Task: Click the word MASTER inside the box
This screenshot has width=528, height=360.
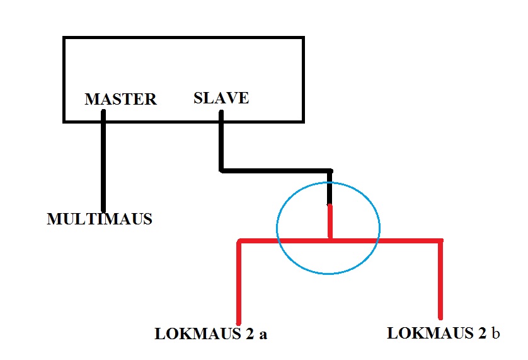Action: pyautogui.click(x=120, y=99)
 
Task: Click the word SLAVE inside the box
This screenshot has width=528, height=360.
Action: pyautogui.click(x=221, y=98)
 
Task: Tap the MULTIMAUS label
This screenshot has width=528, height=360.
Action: pyautogui.click(x=100, y=219)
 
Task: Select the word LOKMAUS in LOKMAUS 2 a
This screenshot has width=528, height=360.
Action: pyautogui.click(x=198, y=334)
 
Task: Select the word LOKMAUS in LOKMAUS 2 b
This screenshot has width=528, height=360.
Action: pyautogui.click(x=430, y=333)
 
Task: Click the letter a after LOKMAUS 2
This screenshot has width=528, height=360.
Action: pyautogui.click(x=263, y=334)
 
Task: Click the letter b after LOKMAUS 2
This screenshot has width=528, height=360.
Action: pyautogui.click(x=495, y=333)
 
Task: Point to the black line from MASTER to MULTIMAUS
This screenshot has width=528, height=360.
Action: pyautogui.click(x=103, y=161)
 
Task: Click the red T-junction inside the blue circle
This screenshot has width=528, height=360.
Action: pyautogui.click(x=330, y=241)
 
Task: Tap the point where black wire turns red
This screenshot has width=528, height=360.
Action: pyautogui.click(x=330, y=205)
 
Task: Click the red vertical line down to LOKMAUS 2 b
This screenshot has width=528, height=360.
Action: pyautogui.click(x=440, y=280)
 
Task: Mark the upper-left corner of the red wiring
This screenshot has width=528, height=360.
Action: pyautogui.click(x=239, y=241)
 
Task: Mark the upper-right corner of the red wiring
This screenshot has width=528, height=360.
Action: pyautogui.click(x=440, y=241)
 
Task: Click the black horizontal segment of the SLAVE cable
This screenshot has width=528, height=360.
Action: pyautogui.click(x=275, y=171)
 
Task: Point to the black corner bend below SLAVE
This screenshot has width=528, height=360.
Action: pyautogui.click(x=221, y=171)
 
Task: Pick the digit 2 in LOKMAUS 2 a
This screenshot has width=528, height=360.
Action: pyautogui.click(x=250, y=334)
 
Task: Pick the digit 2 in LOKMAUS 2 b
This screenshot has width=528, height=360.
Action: pyautogui.click(x=482, y=333)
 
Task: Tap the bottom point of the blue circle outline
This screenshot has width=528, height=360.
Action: pyautogui.click(x=328, y=274)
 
